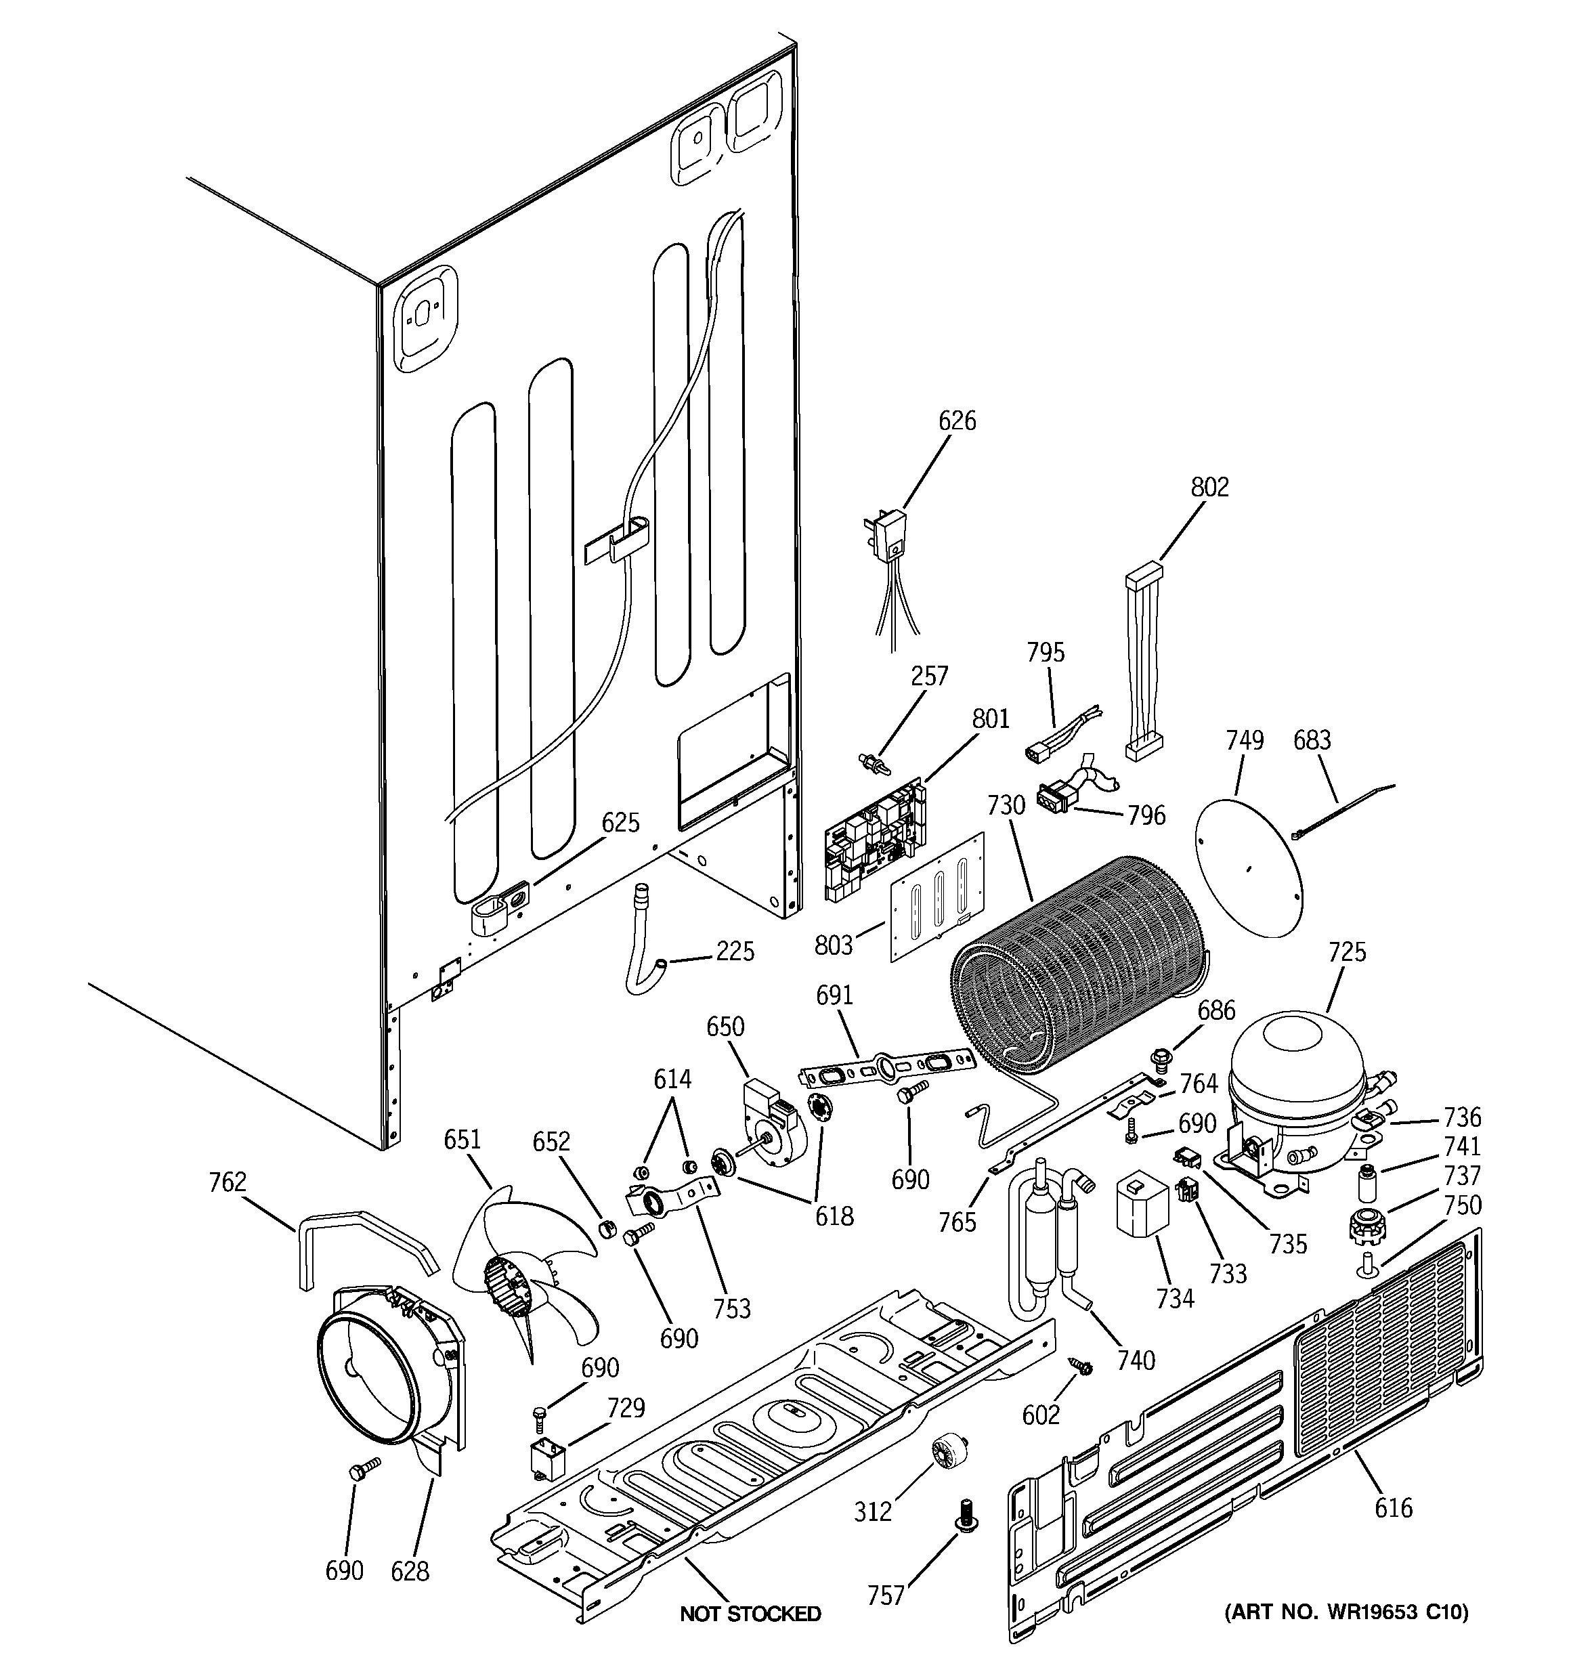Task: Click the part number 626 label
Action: coord(957,421)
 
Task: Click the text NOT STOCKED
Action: coord(750,1614)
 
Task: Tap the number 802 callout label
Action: coord(1209,488)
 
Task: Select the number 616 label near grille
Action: coord(1393,1507)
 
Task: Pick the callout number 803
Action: coord(834,946)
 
